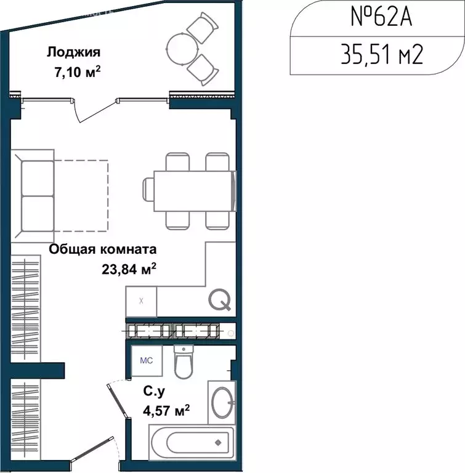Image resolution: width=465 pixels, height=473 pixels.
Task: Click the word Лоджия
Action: point(73,52)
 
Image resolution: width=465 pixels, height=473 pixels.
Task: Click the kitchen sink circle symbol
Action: point(220,300)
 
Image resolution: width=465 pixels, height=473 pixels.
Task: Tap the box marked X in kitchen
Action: point(141,301)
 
